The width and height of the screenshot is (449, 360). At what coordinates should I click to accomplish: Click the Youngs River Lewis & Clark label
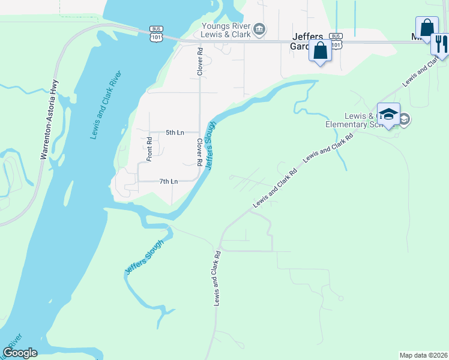coord(225,30)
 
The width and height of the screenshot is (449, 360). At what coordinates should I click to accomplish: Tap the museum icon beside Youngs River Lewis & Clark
coord(259,29)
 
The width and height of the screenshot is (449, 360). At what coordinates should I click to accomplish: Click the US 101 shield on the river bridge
coord(156,32)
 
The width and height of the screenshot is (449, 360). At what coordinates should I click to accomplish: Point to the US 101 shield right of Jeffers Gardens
coord(336,40)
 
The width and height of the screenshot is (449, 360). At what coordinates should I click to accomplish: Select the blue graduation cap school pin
coord(388,116)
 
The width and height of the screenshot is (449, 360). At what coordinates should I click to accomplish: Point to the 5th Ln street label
coord(174,132)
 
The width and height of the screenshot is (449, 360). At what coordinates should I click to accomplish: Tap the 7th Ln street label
coord(169,181)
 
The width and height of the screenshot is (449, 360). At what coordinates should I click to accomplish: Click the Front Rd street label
coord(149,149)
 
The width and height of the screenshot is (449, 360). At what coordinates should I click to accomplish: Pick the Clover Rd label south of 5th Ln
coord(199,152)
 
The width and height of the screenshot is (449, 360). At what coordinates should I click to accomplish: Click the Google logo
coord(20,353)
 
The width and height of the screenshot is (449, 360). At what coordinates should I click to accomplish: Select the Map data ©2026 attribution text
coord(424,355)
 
